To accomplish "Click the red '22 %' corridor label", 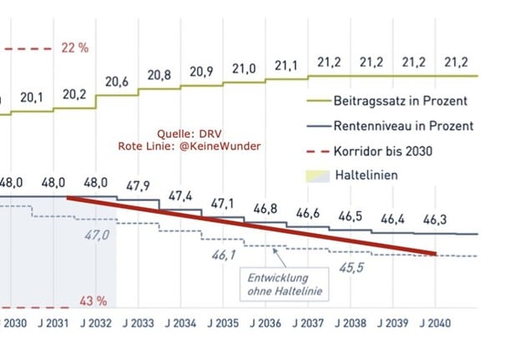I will point(75,48).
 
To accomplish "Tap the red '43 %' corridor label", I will point(74,300).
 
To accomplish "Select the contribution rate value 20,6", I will point(118,81).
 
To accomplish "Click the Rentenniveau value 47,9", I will point(138,185).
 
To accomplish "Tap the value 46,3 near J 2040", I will point(436,219).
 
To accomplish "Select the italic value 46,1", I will point(223,254).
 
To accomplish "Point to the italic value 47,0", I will point(97,236).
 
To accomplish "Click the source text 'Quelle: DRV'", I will point(189,133).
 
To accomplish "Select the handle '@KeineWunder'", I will point(227,146).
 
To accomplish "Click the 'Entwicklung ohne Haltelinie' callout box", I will point(284,284).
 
